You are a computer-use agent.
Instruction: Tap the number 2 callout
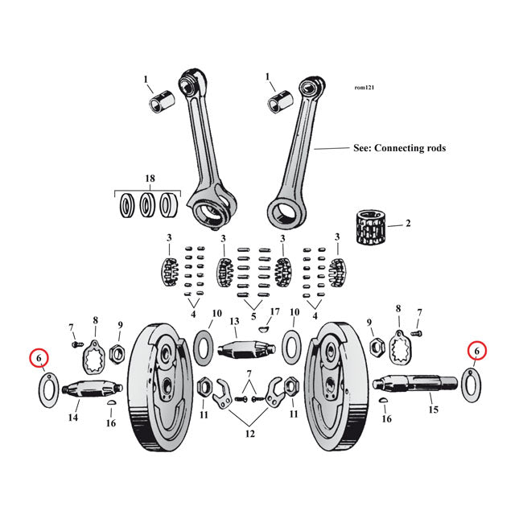coord(408,223)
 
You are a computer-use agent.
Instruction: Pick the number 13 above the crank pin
coord(234,321)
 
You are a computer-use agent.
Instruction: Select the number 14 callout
coord(73,418)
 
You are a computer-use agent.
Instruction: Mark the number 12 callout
coord(249,434)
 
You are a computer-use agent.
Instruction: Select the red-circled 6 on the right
coord(476,350)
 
